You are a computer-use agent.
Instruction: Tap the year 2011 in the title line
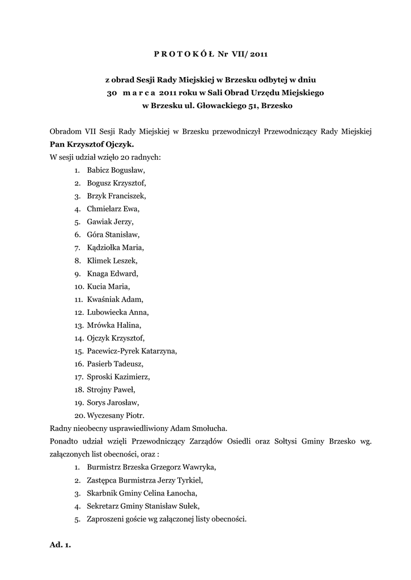point(257,54)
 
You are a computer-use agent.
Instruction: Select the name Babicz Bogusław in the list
point(116,169)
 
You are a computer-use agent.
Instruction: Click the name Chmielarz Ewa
point(113,208)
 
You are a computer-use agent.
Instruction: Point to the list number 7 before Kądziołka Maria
point(77,248)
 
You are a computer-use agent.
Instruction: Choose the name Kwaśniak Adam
point(115,299)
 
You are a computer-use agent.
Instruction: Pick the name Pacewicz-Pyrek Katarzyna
point(132,351)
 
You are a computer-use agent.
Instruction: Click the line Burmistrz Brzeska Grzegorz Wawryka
point(151,467)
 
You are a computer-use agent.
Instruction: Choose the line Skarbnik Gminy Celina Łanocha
point(142,493)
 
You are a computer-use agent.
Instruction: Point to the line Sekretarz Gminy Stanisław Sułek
point(143,506)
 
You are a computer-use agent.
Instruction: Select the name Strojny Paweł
point(111,390)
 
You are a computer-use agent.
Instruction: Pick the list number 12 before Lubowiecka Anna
point(78,312)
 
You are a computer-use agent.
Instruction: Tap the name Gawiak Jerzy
point(110,221)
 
